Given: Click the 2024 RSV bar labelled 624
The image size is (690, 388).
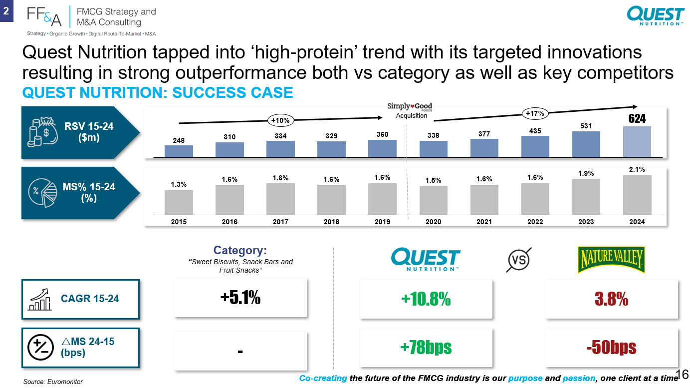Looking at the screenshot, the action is [637, 142].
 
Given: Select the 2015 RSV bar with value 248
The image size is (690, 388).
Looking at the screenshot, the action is [179, 151].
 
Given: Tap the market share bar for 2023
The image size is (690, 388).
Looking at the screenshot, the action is [586, 197].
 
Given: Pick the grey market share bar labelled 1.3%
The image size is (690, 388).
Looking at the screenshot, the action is [179, 202].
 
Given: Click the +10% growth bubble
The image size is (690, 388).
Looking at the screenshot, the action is [280, 120].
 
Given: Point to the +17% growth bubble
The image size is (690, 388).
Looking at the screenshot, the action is [535, 113].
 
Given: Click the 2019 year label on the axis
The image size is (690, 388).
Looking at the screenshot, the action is [382, 222].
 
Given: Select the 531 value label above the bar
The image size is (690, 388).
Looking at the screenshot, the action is [586, 126].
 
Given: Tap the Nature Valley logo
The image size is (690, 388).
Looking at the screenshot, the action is [611, 260].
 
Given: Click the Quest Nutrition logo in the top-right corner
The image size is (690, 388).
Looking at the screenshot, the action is [656, 16].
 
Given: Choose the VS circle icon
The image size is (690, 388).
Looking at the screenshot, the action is [519, 260].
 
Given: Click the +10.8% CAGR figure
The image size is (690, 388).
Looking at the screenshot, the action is [426, 299].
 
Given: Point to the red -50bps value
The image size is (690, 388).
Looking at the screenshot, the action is [612, 347].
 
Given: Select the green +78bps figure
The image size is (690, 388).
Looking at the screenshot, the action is [426, 347].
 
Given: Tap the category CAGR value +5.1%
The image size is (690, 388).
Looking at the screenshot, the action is [240, 298].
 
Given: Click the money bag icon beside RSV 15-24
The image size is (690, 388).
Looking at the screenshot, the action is [42, 132].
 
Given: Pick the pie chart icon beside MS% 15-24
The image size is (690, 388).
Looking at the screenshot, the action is [42, 192].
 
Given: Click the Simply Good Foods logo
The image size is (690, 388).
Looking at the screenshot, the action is [410, 107].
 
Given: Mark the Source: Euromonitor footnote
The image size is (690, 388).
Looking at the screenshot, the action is [53, 382].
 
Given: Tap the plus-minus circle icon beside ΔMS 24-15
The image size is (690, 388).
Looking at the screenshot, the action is [40, 347].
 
